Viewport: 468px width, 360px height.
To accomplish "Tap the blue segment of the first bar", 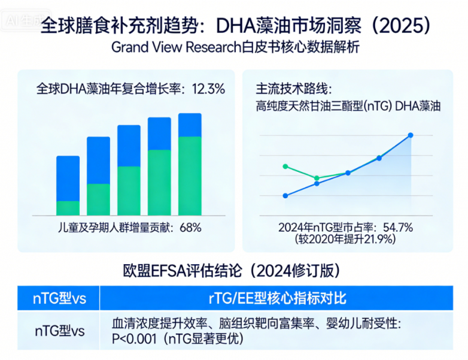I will [x=68, y=178].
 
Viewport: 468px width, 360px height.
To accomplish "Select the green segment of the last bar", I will [x=190, y=176].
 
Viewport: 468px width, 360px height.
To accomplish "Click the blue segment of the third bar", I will [x=129, y=146].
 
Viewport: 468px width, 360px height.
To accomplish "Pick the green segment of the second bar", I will [x=98, y=199].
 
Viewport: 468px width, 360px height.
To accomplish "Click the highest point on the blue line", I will [x=411, y=135].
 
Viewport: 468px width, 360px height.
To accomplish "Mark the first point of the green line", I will [x=285, y=166].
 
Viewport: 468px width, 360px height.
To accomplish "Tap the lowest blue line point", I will [x=285, y=196].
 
